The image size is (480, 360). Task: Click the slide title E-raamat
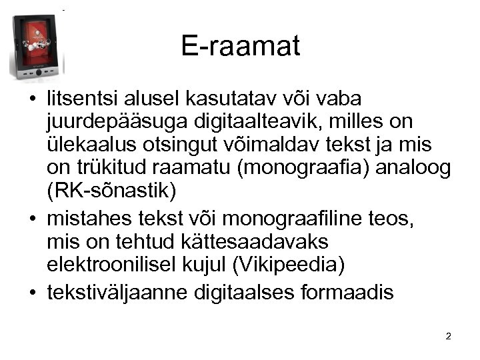(x=240, y=46)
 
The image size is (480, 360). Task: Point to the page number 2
(x=448, y=336)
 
